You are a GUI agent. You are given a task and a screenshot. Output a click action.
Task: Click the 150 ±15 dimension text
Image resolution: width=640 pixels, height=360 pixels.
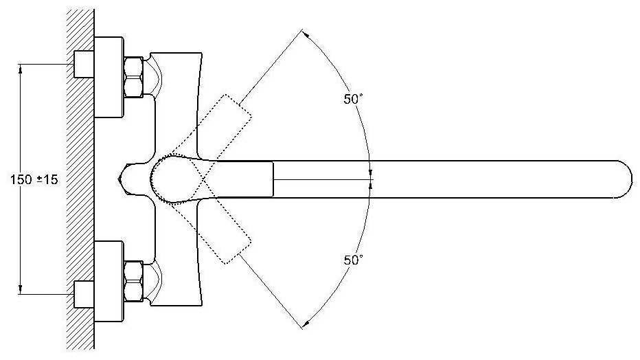(34, 180)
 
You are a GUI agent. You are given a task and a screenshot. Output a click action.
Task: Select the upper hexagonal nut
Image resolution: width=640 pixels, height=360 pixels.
(133, 77)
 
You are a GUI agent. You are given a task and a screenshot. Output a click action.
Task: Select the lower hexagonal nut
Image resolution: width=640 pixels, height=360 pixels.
(133, 280)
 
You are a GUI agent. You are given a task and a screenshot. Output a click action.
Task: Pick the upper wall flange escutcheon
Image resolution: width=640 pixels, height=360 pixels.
(108, 77)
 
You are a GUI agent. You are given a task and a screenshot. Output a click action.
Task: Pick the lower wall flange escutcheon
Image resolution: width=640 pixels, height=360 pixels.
(108, 280)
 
